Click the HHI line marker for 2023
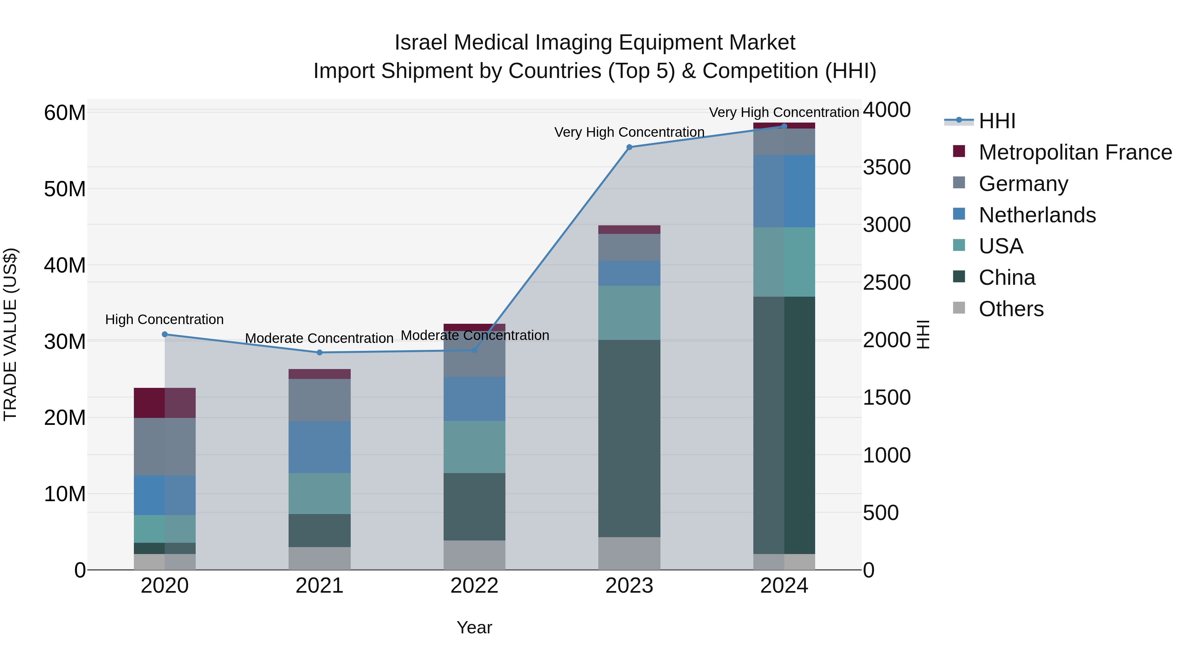click(x=629, y=147)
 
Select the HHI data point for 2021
click(x=320, y=353)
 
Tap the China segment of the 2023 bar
click(x=629, y=439)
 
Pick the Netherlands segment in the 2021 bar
click(x=320, y=447)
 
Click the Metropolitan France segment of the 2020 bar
click(x=165, y=403)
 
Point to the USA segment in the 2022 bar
click(x=474, y=447)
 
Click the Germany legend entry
click(x=1023, y=184)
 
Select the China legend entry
click(x=1007, y=278)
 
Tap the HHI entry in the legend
click(x=997, y=121)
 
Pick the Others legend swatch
click(x=959, y=308)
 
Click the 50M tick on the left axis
click(x=65, y=189)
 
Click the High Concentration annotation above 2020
click(x=165, y=319)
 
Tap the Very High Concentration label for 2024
click(x=784, y=112)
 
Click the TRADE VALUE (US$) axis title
click(x=10, y=334)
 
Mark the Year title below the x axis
click(x=474, y=627)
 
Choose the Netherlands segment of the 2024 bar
click(x=784, y=191)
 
